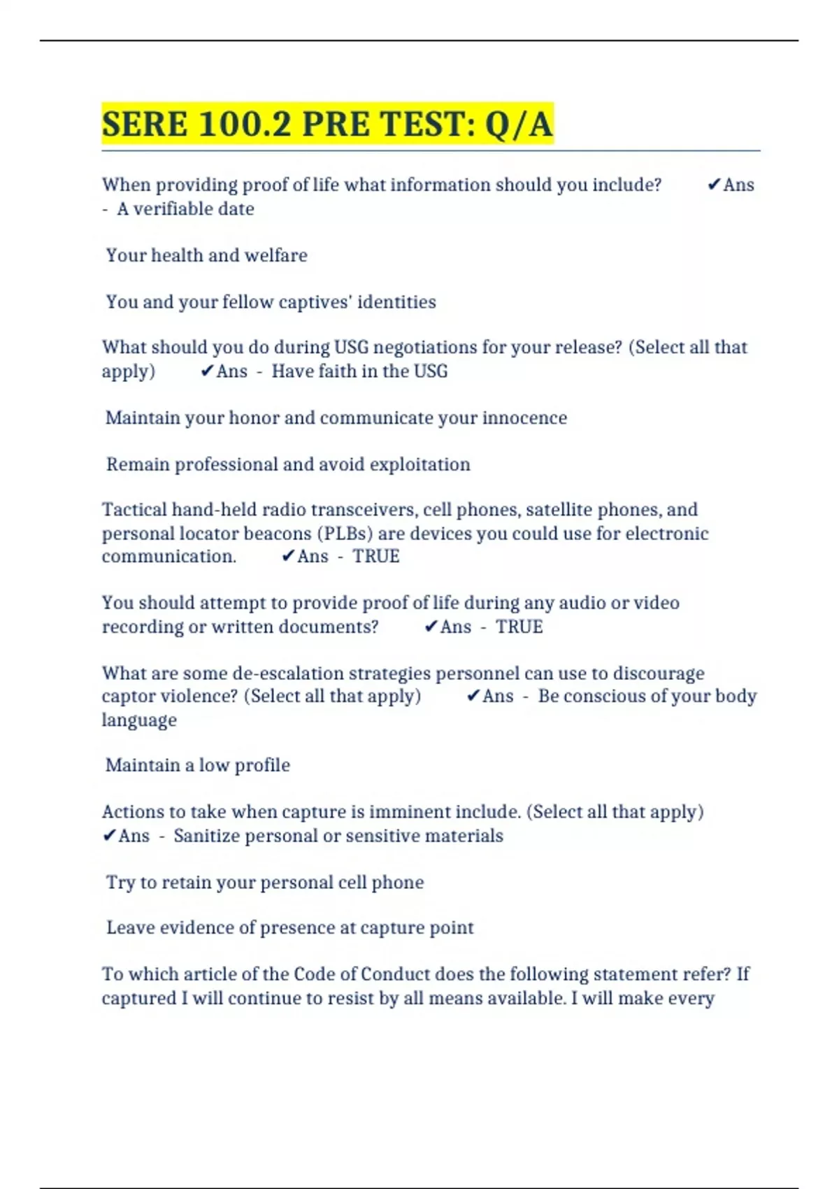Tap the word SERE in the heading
coord(145,124)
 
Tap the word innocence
coord(524,418)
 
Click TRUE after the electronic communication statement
coord(375,557)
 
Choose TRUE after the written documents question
coord(519,627)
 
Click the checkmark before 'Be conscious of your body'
coord(473,696)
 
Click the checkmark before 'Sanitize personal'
coord(109,836)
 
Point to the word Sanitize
coord(207,836)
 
